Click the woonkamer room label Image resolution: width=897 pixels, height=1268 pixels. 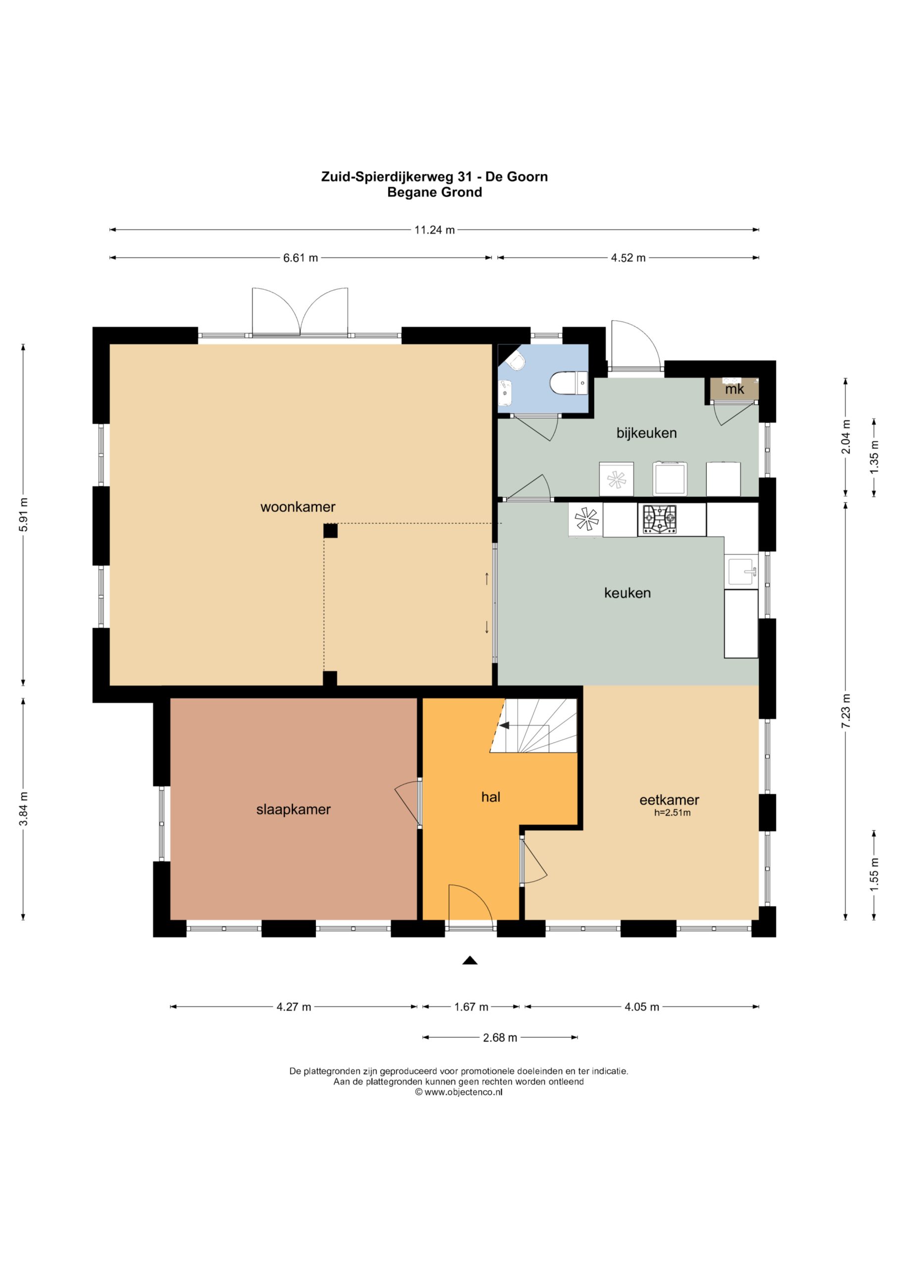[298, 507]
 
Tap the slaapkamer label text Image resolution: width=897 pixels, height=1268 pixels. [293, 810]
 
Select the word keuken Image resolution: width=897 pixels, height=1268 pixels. [628, 593]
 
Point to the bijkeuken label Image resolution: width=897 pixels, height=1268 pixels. [646, 433]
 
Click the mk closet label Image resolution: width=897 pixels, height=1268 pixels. [735, 389]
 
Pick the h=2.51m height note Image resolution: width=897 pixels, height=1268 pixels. [672, 813]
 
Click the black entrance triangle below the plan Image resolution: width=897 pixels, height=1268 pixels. [470, 960]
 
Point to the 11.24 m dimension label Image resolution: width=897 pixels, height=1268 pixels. [435, 230]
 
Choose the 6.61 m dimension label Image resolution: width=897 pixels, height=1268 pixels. [301, 258]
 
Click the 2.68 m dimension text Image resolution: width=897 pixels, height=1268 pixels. [500, 1038]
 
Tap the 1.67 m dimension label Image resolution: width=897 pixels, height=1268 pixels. [471, 1007]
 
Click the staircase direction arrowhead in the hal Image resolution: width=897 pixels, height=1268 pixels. [504, 725]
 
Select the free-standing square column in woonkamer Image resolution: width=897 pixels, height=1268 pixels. [330, 530]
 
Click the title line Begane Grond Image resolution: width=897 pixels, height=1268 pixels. [435, 192]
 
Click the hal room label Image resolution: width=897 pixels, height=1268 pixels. [490, 797]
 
